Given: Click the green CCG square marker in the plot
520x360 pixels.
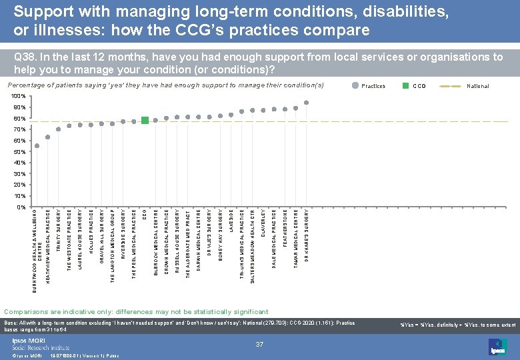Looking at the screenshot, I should [x=145, y=121].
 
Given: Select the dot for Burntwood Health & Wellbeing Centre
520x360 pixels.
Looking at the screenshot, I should [x=37, y=146].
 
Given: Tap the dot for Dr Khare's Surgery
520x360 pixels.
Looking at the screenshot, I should [x=306, y=103].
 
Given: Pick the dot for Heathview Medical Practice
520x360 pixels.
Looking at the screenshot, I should [x=47, y=137].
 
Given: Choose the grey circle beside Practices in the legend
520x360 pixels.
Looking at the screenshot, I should [x=355, y=86].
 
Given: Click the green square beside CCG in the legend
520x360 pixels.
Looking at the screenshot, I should [x=405, y=86].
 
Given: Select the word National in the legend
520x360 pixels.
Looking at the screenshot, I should [x=478, y=86].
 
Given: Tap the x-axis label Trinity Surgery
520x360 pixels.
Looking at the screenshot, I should [x=59, y=231].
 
